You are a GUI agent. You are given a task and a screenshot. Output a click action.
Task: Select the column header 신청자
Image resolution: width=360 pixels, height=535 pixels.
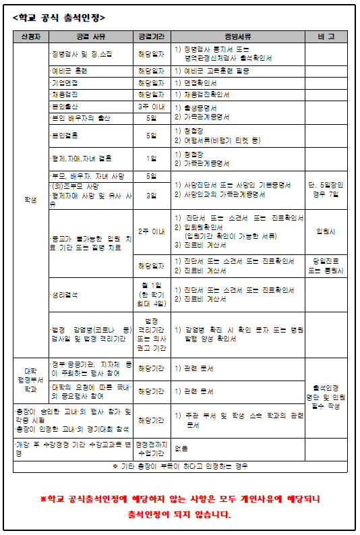30,36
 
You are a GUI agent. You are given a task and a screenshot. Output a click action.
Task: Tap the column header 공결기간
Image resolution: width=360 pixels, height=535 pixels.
151,36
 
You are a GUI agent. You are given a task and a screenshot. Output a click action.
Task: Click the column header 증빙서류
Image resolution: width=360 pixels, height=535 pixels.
238,36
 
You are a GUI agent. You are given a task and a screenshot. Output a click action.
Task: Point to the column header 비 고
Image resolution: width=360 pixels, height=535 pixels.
326,36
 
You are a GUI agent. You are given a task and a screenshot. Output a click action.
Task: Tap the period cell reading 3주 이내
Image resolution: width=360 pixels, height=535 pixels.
151,107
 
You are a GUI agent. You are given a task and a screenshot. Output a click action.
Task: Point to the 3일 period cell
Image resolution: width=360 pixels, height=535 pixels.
151,195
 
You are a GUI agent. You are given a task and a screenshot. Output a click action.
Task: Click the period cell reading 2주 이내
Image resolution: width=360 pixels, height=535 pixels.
151,231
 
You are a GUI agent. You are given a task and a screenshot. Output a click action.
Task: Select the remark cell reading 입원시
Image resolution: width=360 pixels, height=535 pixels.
326,231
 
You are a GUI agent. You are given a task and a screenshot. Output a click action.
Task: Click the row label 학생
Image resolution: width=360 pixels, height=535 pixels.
30,200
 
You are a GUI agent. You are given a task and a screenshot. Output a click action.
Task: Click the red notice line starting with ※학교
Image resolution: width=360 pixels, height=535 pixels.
180,499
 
